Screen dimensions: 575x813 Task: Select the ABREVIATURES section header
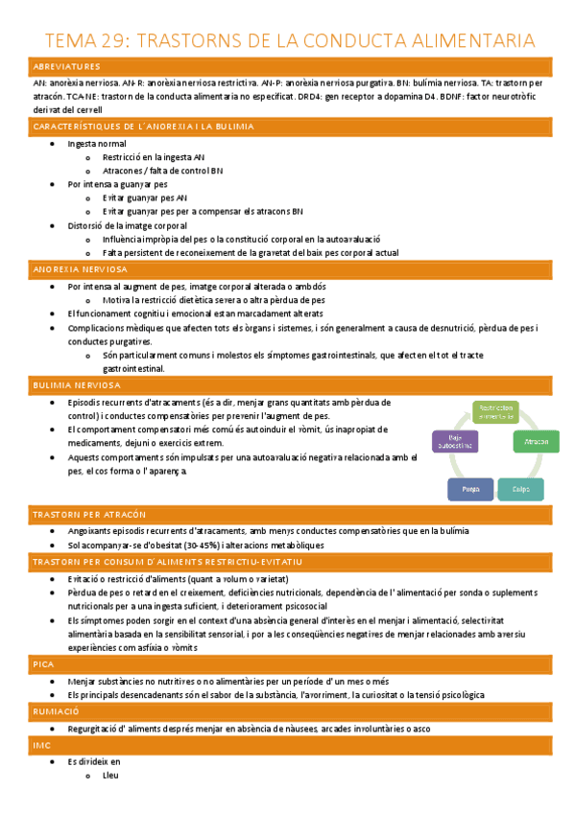[x=66, y=67]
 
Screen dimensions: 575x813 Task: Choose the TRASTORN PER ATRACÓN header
[x=82, y=515]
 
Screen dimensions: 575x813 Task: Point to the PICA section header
[x=43, y=663]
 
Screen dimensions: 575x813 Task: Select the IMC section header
[x=41, y=744]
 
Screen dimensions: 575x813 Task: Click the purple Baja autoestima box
[x=454, y=442]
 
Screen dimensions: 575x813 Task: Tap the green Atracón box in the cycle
[x=536, y=442]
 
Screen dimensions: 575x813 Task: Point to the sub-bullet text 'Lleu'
[x=110, y=777]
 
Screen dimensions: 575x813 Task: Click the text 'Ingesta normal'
[x=97, y=143]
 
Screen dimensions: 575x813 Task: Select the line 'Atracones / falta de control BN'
[x=162, y=170]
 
